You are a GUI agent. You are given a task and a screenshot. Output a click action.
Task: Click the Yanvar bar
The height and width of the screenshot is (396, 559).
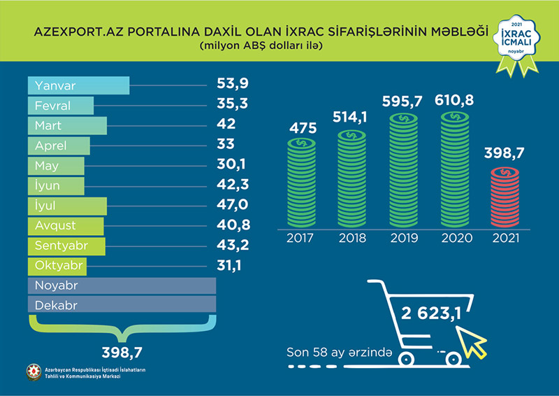[x=78, y=85]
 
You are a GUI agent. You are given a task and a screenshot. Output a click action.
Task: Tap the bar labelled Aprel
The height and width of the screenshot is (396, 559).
[x=59, y=146]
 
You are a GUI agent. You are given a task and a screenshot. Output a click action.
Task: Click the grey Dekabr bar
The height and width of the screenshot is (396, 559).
[x=122, y=306]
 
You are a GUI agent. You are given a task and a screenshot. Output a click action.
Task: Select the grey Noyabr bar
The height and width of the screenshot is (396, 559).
[x=122, y=286]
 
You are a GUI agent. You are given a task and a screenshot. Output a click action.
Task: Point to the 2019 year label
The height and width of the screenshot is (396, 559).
[x=404, y=238]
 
